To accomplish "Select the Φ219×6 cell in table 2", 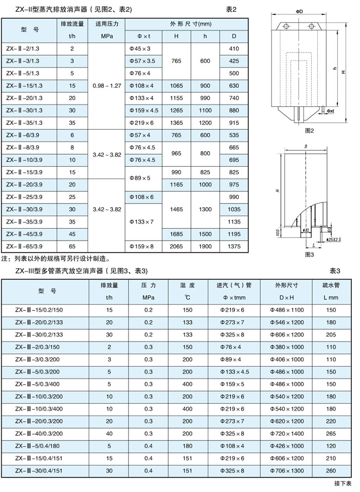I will [x=143, y=122].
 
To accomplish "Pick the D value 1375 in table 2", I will [x=235, y=246].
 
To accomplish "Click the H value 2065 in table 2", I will [x=176, y=246].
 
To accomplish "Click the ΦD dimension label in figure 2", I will [x=300, y=11].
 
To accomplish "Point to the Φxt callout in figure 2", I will [x=330, y=110].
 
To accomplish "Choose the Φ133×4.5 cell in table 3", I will [x=234, y=371].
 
